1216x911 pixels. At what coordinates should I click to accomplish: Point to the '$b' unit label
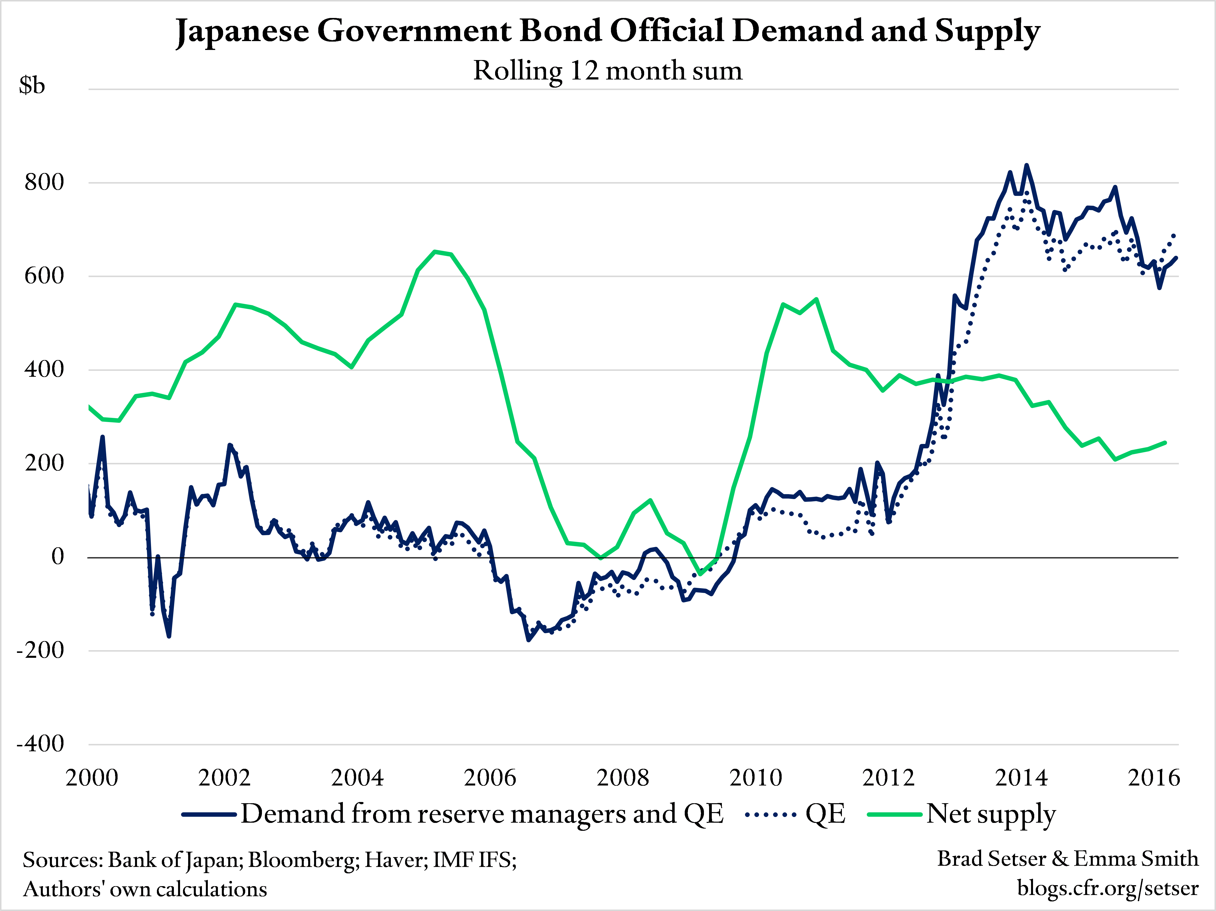pyautogui.click(x=32, y=85)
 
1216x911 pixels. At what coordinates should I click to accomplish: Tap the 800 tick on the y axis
pyautogui.click(x=44, y=182)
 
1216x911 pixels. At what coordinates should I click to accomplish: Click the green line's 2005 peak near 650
pyautogui.click(x=435, y=252)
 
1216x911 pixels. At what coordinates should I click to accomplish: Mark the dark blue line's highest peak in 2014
pyautogui.click(x=1026, y=165)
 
